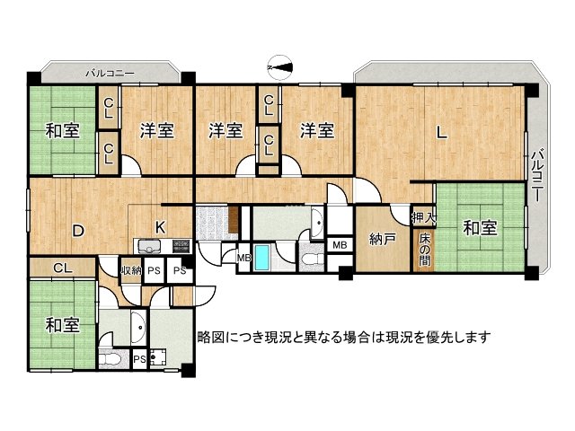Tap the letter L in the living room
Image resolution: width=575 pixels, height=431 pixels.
point(441,134)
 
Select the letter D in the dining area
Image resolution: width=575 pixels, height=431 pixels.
point(78,231)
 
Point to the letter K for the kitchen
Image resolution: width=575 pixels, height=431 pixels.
point(159,226)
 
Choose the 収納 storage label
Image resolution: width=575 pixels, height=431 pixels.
point(131,270)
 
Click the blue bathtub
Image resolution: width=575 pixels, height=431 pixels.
point(262,259)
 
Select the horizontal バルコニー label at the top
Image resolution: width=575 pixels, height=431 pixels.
point(111,71)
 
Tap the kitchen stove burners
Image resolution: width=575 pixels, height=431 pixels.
point(178,243)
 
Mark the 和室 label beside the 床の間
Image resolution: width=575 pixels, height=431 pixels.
point(479,228)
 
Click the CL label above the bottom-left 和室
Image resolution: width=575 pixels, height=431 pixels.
point(63,267)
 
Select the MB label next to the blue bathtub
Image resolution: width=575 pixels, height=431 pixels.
point(243,259)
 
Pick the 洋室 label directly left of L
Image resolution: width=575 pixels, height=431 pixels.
point(317,131)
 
